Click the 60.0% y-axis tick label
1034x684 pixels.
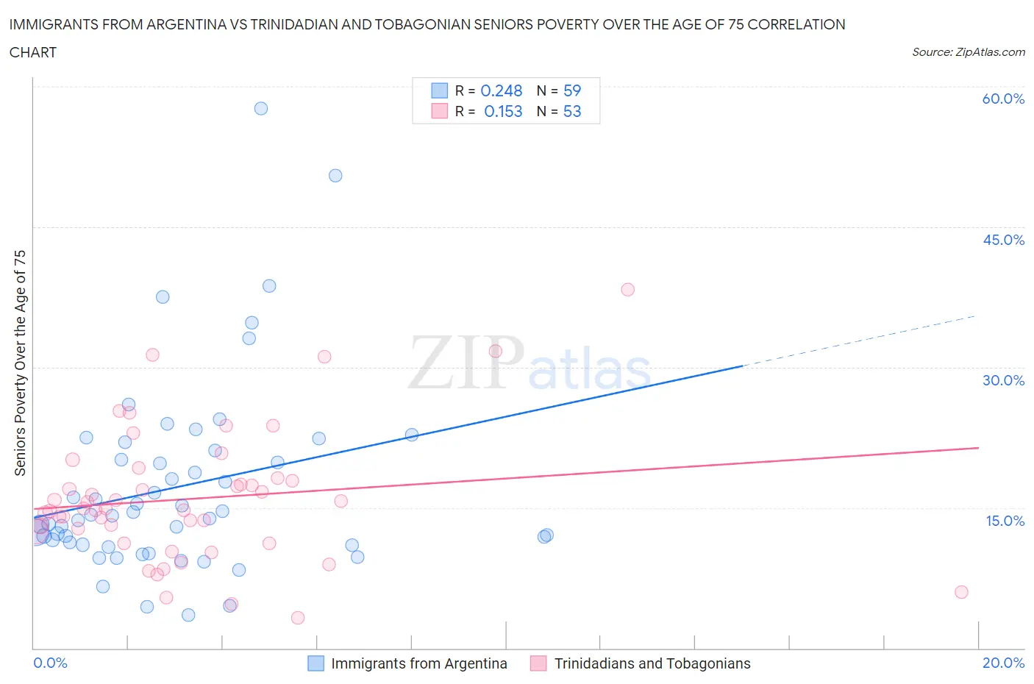pyautogui.click(x=1003, y=99)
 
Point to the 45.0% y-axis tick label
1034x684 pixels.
pyautogui.click(x=1003, y=240)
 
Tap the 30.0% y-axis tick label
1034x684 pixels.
pyautogui.click(x=1003, y=380)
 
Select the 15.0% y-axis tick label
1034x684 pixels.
pyautogui.click(x=1005, y=521)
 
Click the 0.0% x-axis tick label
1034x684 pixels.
pyautogui.click(x=50, y=663)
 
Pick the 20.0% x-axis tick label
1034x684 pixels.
pyautogui.click(x=1003, y=663)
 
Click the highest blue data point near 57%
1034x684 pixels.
pyautogui.click(x=261, y=108)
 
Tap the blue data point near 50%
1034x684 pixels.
pyautogui.click(x=335, y=175)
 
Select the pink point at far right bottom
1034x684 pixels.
pyautogui.click(x=961, y=592)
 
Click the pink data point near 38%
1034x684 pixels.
pyautogui.click(x=627, y=289)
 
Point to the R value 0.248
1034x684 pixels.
pyautogui.click(x=501, y=90)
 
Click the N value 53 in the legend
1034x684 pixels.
pyautogui.click(x=571, y=111)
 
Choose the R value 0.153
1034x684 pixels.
pyautogui.click(x=503, y=111)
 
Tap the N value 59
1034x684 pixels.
pyautogui.click(x=571, y=90)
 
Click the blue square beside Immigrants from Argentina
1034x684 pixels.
pyautogui.click(x=315, y=663)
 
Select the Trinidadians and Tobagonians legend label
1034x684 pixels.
pyautogui.click(x=652, y=663)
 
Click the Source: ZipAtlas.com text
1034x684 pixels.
pyautogui.click(x=968, y=51)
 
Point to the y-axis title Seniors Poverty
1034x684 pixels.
pyautogui.click(x=20, y=363)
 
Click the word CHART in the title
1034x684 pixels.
pyautogui.click(x=33, y=52)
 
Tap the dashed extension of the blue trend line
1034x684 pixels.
pyautogui.click(x=860, y=341)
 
